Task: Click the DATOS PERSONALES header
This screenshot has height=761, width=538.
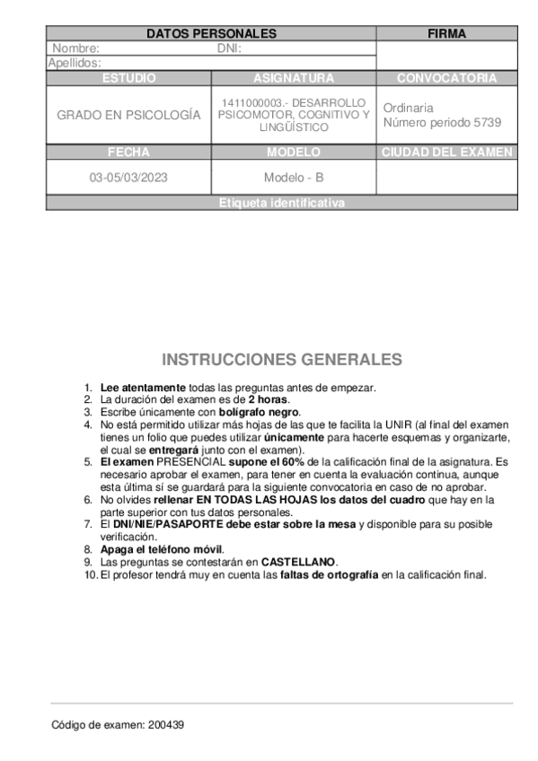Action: [x=211, y=34]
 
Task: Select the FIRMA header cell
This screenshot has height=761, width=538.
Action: [x=446, y=34]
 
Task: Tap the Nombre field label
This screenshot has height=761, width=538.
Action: [x=75, y=48]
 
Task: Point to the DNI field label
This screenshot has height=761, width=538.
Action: [x=230, y=48]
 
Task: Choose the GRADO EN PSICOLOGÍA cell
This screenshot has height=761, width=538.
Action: [x=128, y=116]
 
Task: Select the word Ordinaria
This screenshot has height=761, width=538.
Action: [x=408, y=108]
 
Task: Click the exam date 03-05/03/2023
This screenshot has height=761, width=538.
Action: [x=128, y=178]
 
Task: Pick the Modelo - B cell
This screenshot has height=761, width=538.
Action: [x=294, y=178]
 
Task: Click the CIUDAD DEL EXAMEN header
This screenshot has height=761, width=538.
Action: [x=446, y=153]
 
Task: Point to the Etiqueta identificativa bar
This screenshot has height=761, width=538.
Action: [x=281, y=204]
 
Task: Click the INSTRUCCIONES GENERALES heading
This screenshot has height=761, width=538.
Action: [x=282, y=360]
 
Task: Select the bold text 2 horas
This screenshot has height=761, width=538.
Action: [x=268, y=398]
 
